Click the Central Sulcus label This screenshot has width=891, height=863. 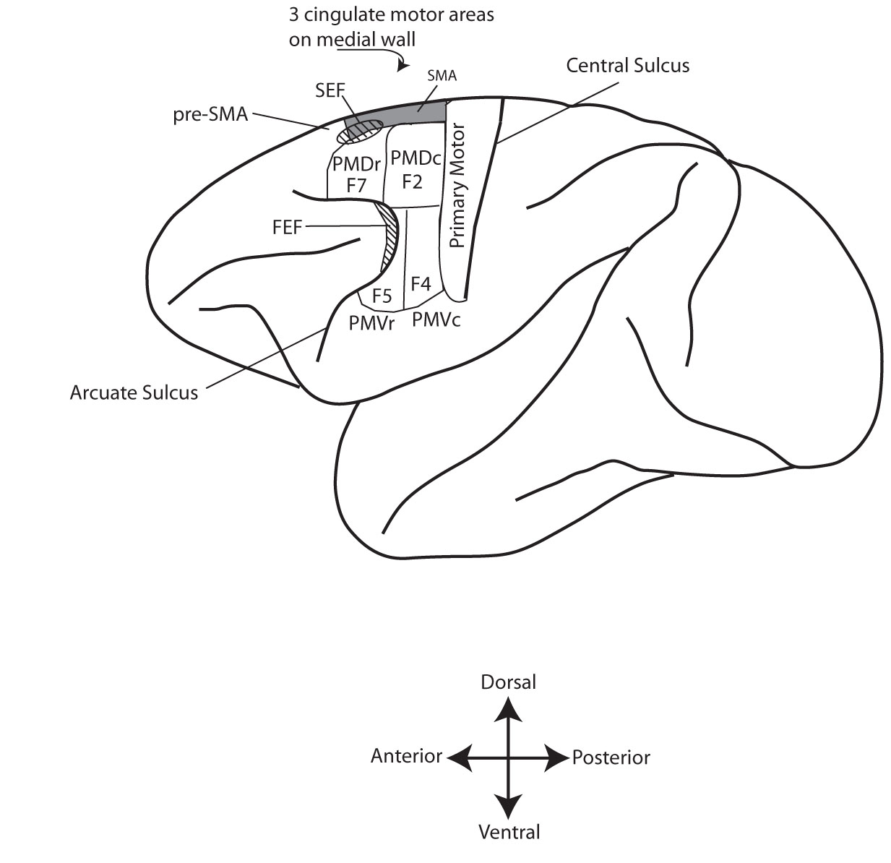click(627, 66)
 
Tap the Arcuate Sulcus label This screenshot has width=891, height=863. click(134, 392)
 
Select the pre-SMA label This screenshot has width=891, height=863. click(211, 113)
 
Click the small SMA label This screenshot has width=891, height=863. click(442, 75)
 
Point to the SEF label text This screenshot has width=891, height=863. click(330, 91)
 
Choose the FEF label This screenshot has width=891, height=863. click(288, 227)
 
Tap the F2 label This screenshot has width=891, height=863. click(412, 181)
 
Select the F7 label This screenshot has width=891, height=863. click(356, 185)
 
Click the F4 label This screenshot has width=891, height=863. click(421, 283)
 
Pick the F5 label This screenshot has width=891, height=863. click(382, 295)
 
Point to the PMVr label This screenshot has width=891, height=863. click(371, 323)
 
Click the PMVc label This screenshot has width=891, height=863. click(436, 319)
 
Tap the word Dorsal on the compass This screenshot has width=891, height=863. click(509, 682)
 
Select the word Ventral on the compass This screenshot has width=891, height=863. click(509, 832)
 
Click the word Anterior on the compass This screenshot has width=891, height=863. click(406, 756)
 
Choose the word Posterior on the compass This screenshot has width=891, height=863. click(611, 757)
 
